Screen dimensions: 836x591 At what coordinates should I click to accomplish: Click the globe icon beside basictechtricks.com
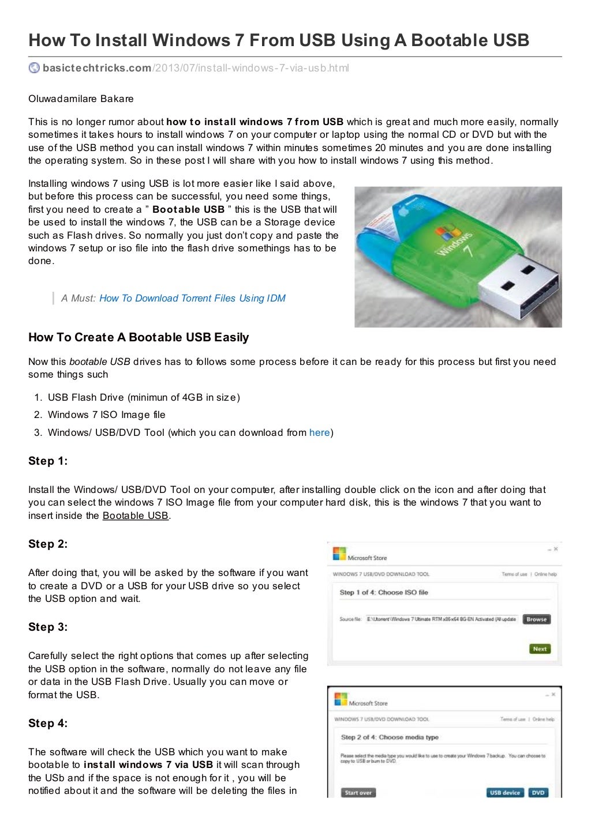34,68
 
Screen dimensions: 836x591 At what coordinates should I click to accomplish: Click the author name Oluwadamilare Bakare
81,99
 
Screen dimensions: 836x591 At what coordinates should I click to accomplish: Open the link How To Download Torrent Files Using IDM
192,298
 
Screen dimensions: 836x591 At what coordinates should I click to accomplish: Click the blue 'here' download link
319,432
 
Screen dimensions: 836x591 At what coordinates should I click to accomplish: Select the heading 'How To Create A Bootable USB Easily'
139,337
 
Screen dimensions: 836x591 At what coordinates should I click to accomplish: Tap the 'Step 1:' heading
48,461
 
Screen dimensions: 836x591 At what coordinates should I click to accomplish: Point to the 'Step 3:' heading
48,627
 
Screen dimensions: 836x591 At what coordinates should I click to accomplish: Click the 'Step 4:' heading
48,723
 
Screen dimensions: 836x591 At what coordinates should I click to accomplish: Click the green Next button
539,649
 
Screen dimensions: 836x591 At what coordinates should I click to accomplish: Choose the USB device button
505,793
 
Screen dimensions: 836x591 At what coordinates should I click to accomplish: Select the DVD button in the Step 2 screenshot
538,793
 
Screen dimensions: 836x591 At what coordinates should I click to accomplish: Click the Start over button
358,793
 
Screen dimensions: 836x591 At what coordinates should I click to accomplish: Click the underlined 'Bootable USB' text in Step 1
136,515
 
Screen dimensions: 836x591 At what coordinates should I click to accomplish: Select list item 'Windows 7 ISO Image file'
106,415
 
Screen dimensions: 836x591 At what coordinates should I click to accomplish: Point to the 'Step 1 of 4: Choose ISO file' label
384,592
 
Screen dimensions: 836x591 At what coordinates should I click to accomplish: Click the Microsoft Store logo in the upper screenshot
339,554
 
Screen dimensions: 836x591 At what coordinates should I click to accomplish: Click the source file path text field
442,619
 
